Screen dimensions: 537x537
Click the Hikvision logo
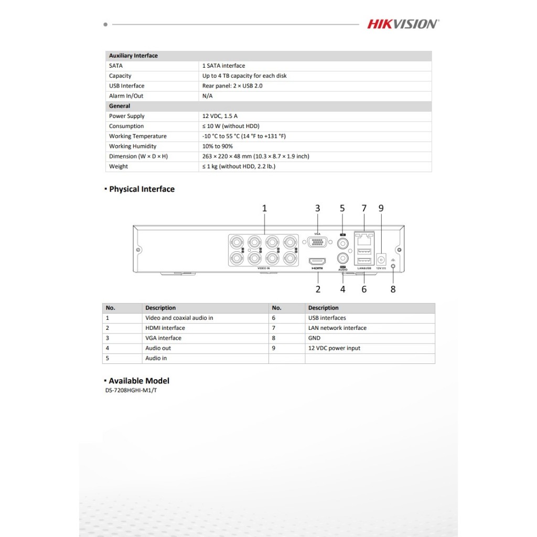tap(403, 24)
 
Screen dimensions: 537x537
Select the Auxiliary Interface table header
tap(133, 56)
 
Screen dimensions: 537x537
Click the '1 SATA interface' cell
tap(223, 66)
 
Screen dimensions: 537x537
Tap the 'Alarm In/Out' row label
tap(126, 96)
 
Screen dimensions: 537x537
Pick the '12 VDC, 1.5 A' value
tap(220, 116)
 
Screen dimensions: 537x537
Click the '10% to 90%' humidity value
tap(218, 146)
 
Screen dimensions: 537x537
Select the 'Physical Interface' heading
tap(142, 189)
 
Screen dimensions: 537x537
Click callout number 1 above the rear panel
tap(264, 208)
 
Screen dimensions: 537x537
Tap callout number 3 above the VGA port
tap(317, 208)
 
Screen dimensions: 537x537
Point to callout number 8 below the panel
tap(393, 289)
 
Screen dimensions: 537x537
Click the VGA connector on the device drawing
tap(317, 243)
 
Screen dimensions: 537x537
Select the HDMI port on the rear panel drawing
tap(317, 261)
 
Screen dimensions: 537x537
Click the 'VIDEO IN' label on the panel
tap(264, 268)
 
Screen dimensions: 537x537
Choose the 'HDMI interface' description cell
tap(165, 328)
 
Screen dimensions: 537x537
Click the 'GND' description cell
tap(314, 338)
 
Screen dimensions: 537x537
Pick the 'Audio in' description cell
tap(156, 358)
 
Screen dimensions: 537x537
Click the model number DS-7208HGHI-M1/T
tap(131, 390)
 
